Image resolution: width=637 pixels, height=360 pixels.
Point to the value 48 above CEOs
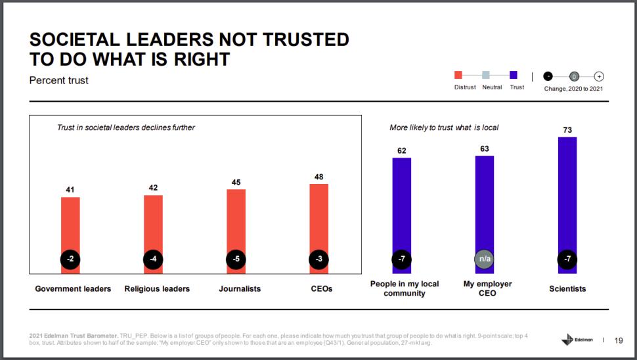coord(318,177)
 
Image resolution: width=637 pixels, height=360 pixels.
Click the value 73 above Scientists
coord(567,130)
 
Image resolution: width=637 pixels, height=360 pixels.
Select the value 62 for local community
coord(402,150)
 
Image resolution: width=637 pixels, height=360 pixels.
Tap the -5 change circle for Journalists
coord(236,259)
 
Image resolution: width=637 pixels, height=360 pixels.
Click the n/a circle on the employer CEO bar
coord(485,259)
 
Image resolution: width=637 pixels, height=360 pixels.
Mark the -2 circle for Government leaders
coord(70,259)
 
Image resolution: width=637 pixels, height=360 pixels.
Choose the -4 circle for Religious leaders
coord(153,259)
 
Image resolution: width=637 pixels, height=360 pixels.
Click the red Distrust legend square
coord(458,76)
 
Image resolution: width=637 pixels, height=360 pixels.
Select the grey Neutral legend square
coord(486,76)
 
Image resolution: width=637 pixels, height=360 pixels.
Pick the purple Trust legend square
coord(514,76)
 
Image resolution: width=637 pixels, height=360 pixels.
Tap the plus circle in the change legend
coord(598,76)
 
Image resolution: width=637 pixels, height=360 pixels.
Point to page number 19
coord(619,340)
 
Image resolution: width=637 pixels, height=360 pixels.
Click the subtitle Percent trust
coord(59,80)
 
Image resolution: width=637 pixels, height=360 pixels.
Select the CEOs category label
coord(322,288)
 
